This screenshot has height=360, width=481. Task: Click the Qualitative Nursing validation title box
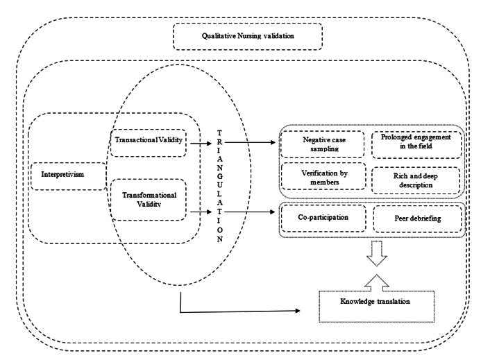coord(247,36)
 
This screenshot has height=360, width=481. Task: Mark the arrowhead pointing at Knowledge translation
coord(300,310)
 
